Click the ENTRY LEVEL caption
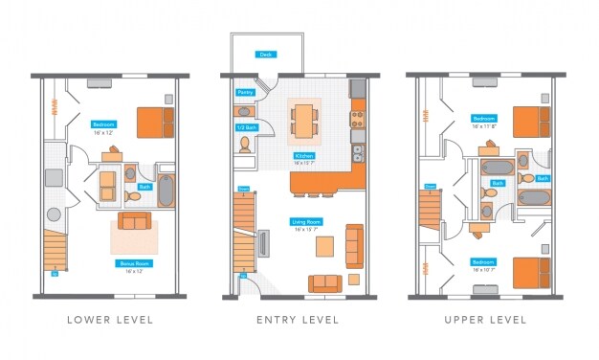pos(298,319)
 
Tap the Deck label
pos(265,55)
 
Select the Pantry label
pos(245,93)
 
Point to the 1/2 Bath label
pos(246,126)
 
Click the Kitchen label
pos(304,157)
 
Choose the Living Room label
pos(305,222)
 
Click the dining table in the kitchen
pos(303,120)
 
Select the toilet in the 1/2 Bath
pos(246,144)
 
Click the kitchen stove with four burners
pos(358,120)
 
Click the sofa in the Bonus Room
pos(134,222)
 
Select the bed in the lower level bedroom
pos(155,122)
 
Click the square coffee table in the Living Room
pos(326,248)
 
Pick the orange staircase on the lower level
pos(55,252)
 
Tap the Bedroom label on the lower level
pos(103,124)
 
